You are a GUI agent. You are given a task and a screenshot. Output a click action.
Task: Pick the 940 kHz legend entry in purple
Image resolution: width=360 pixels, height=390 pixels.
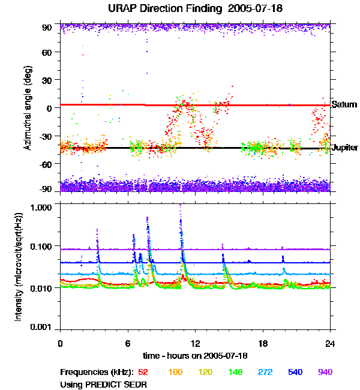point(325,372)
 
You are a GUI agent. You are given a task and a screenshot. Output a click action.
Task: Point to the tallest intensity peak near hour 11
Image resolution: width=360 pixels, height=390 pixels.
point(181,206)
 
